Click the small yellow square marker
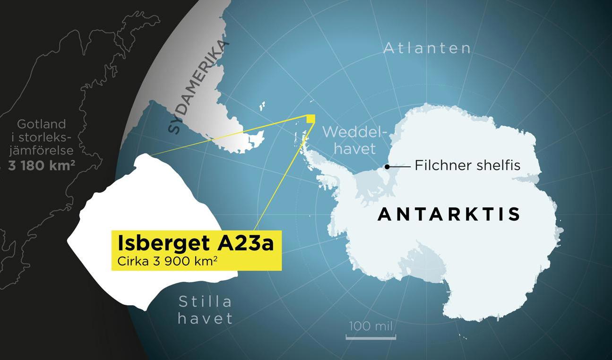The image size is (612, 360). [x=310, y=119]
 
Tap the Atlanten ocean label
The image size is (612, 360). [x=427, y=48]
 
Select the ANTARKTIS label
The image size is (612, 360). [x=448, y=214]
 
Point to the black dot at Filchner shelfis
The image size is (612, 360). [x=387, y=166]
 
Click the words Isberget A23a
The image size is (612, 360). [x=195, y=243]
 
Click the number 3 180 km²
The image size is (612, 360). [x=41, y=165]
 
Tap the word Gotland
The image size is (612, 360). [x=41, y=124]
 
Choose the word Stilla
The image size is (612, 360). [x=205, y=302]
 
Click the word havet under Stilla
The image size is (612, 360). [x=205, y=318]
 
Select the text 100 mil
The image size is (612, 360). [x=371, y=326]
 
